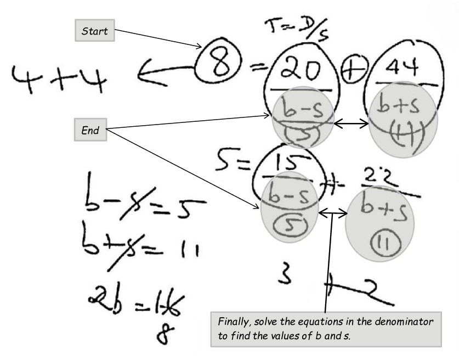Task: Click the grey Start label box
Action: pos(94,31)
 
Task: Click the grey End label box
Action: pos(90,131)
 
